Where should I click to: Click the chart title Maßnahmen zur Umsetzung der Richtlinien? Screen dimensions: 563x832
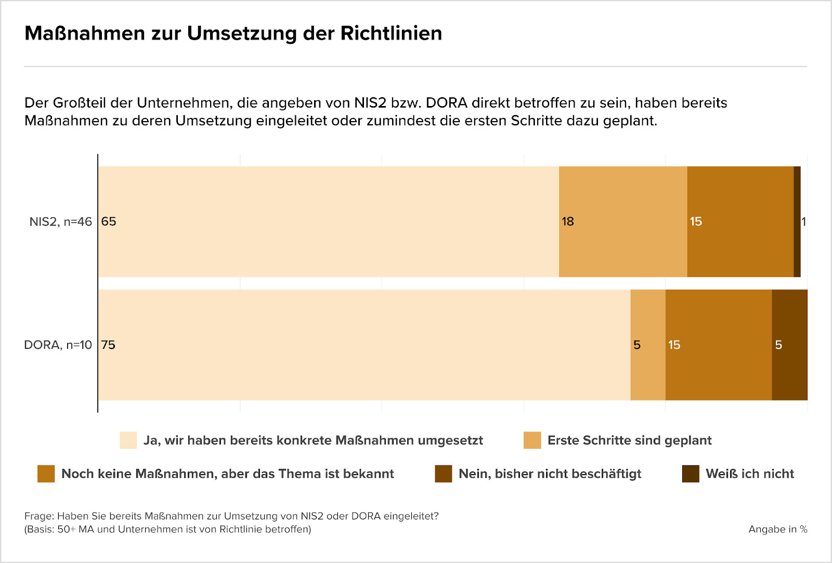[x=233, y=33]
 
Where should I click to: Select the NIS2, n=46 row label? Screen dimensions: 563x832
[x=60, y=222]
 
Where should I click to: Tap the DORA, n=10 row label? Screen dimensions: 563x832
[x=58, y=345]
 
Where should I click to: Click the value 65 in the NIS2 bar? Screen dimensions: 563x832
[x=109, y=222]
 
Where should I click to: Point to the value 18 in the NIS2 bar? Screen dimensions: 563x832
[x=568, y=222]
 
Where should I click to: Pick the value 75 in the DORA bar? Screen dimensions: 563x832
[x=108, y=345]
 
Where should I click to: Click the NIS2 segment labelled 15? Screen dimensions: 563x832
[x=740, y=222]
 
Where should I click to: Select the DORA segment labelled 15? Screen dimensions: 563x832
[x=718, y=345]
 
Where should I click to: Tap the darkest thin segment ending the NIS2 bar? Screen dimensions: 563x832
[x=797, y=222]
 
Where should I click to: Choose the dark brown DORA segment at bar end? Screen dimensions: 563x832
[x=789, y=345]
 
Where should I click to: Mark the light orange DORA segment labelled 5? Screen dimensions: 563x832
[x=647, y=345]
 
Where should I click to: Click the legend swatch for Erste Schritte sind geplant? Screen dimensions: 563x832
[x=532, y=440]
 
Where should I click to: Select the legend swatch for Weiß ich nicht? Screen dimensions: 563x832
[x=691, y=474]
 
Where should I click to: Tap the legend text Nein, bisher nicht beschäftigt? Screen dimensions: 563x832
[x=550, y=474]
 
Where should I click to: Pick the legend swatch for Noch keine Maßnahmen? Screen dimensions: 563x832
[x=46, y=474]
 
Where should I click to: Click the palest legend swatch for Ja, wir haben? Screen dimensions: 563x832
[x=128, y=440]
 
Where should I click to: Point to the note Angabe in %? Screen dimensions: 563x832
[x=777, y=529]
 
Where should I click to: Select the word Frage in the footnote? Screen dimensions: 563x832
[x=38, y=516]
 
